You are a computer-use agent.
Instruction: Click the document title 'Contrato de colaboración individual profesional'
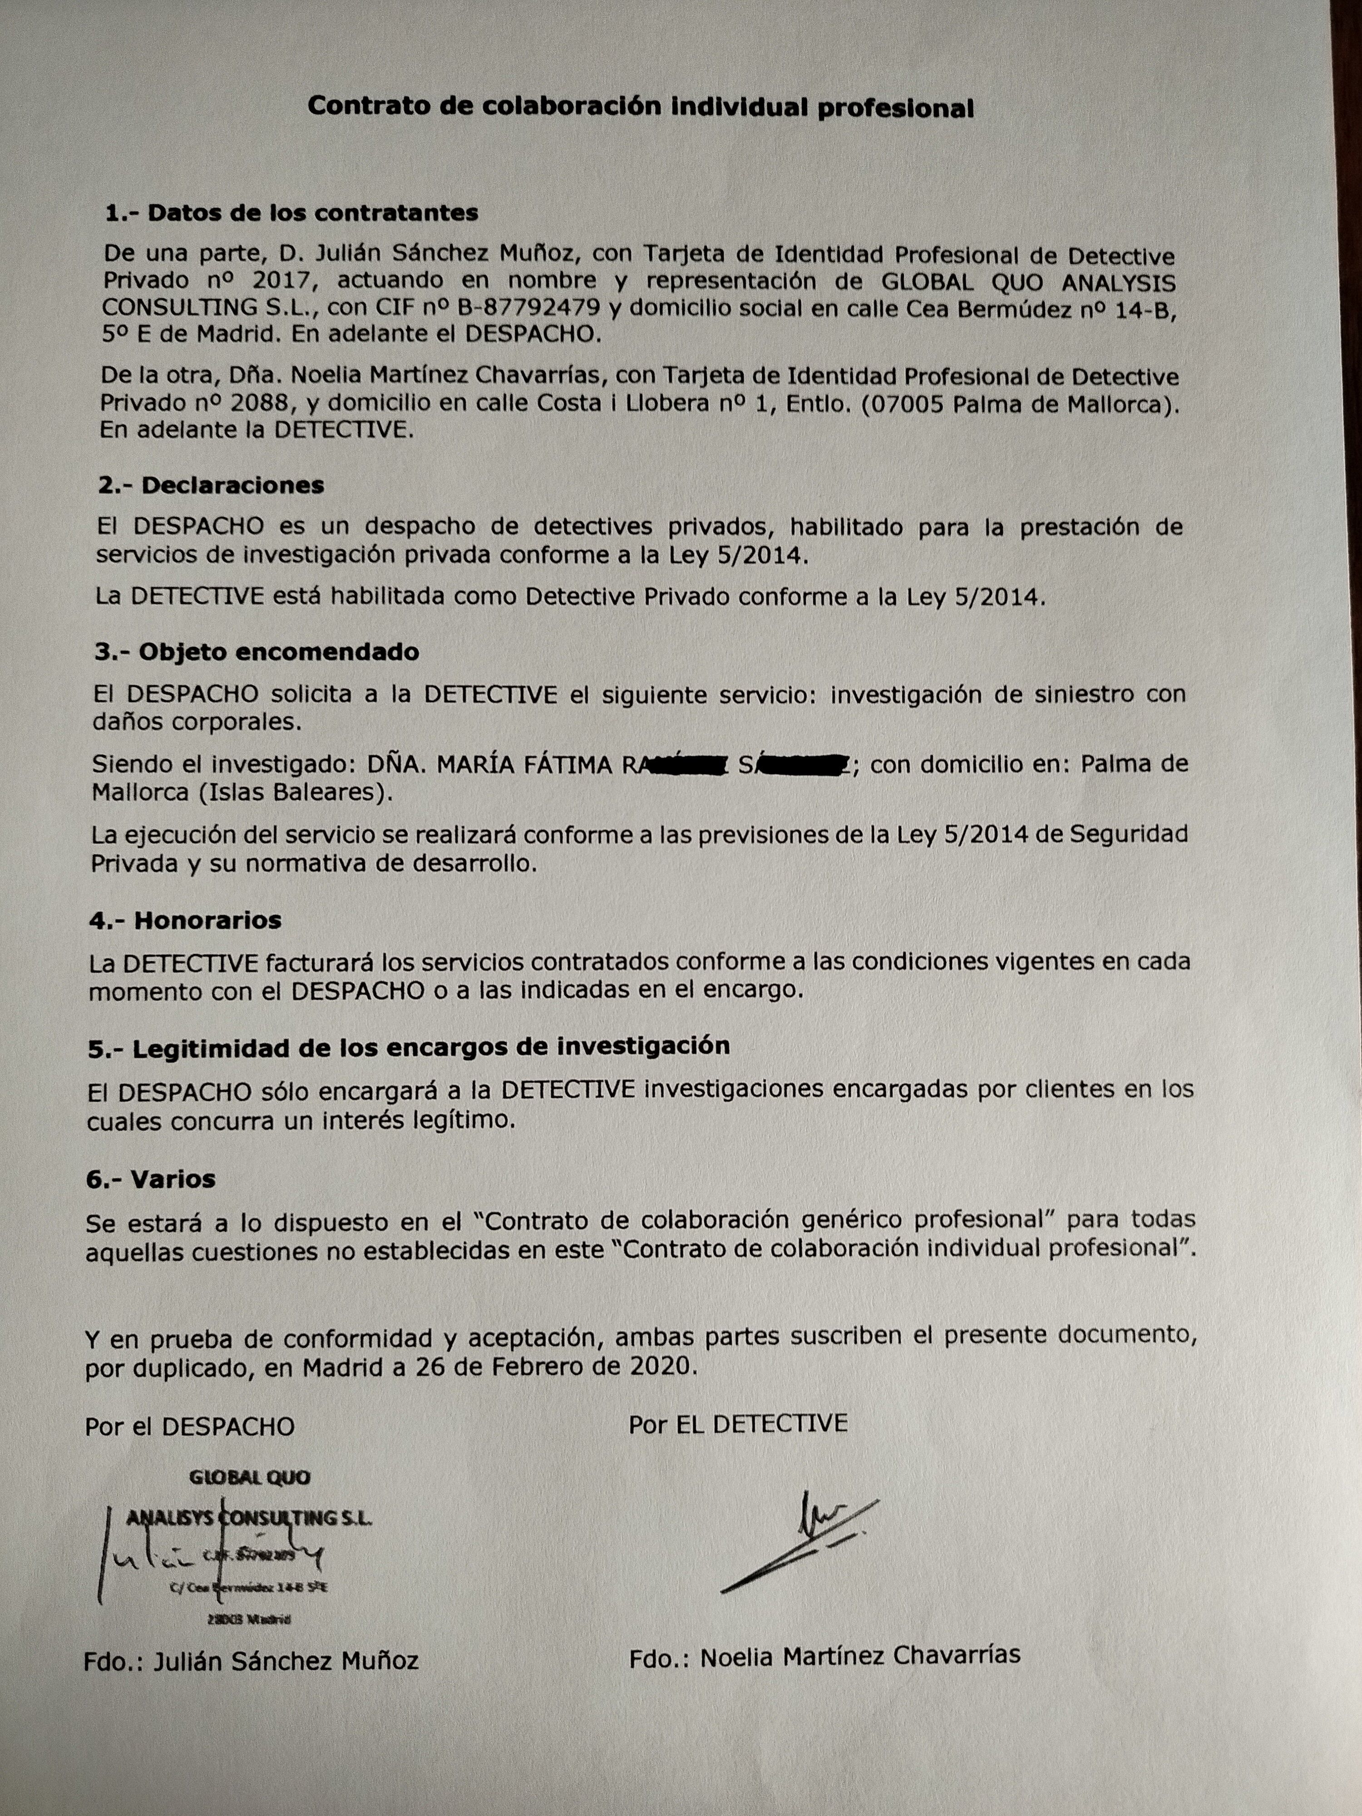[x=640, y=107]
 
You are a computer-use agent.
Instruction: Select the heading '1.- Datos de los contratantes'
[x=291, y=212]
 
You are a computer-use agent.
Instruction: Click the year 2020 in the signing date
[x=662, y=1368]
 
